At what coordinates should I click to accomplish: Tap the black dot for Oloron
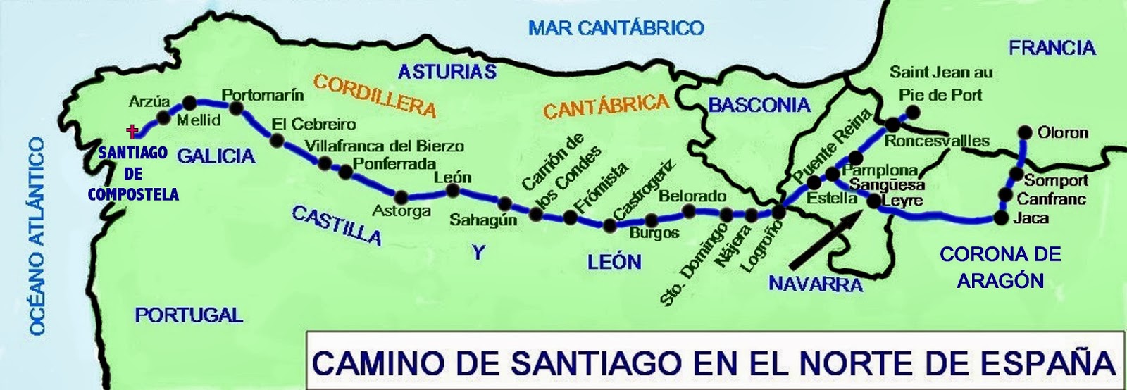pyautogui.click(x=1025, y=132)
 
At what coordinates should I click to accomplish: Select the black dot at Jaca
pyautogui.click(x=1001, y=218)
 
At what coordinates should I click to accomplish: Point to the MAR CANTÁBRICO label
pyautogui.click(x=616, y=27)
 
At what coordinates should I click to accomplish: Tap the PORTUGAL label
pyautogui.click(x=189, y=315)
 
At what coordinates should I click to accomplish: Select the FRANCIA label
pyautogui.click(x=1052, y=48)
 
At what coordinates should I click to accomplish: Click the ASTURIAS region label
pyautogui.click(x=447, y=71)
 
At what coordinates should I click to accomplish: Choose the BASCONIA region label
pyautogui.click(x=759, y=106)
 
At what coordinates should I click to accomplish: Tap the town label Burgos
pyautogui.click(x=654, y=233)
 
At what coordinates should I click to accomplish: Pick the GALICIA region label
pyautogui.click(x=216, y=156)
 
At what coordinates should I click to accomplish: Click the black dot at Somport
pyautogui.click(x=1016, y=174)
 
